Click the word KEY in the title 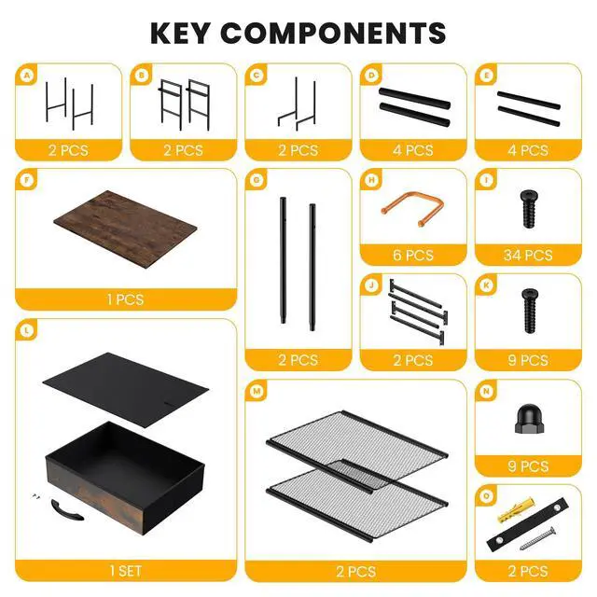pos(180,34)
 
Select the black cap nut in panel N pos(529,419)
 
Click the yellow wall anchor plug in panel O pos(516,509)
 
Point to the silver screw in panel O pos(537,538)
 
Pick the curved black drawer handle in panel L pos(67,510)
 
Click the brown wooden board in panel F pos(125,229)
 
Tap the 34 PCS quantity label pos(528,255)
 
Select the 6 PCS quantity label pos(413,255)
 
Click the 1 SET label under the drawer pos(125,571)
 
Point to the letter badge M pos(257,391)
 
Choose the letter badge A pos(27,76)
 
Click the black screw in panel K pos(529,311)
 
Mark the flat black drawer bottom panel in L pos(126,390)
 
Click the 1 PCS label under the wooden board pos(125,299)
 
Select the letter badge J pos(372,285)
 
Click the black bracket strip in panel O pos(528,524)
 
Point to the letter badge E pos(486,76)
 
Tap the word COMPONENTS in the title pos(333,34)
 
